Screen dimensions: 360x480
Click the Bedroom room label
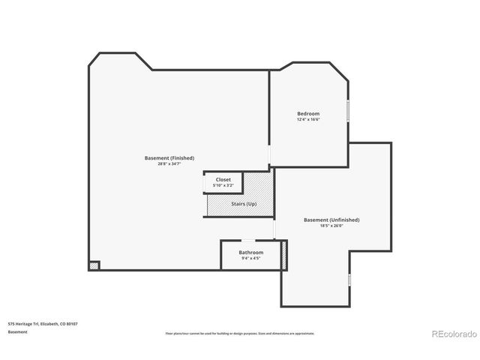308,112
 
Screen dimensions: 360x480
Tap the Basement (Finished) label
169,157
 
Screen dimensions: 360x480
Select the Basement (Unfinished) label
331,220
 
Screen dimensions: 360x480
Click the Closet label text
223,179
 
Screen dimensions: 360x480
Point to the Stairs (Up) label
244,204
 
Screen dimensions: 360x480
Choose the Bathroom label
251,252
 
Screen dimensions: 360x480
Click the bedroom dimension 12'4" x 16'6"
308,118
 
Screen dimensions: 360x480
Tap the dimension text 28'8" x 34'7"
169,163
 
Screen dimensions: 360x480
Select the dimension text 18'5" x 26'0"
331,226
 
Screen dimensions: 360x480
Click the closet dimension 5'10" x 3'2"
223,185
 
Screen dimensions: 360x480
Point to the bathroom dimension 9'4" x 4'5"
251,258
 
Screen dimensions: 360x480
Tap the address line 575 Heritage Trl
43,323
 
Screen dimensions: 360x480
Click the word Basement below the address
18,331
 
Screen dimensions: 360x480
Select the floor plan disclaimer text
239,333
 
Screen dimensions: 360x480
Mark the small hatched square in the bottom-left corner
94,265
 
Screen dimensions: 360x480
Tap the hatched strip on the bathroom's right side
283,255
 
